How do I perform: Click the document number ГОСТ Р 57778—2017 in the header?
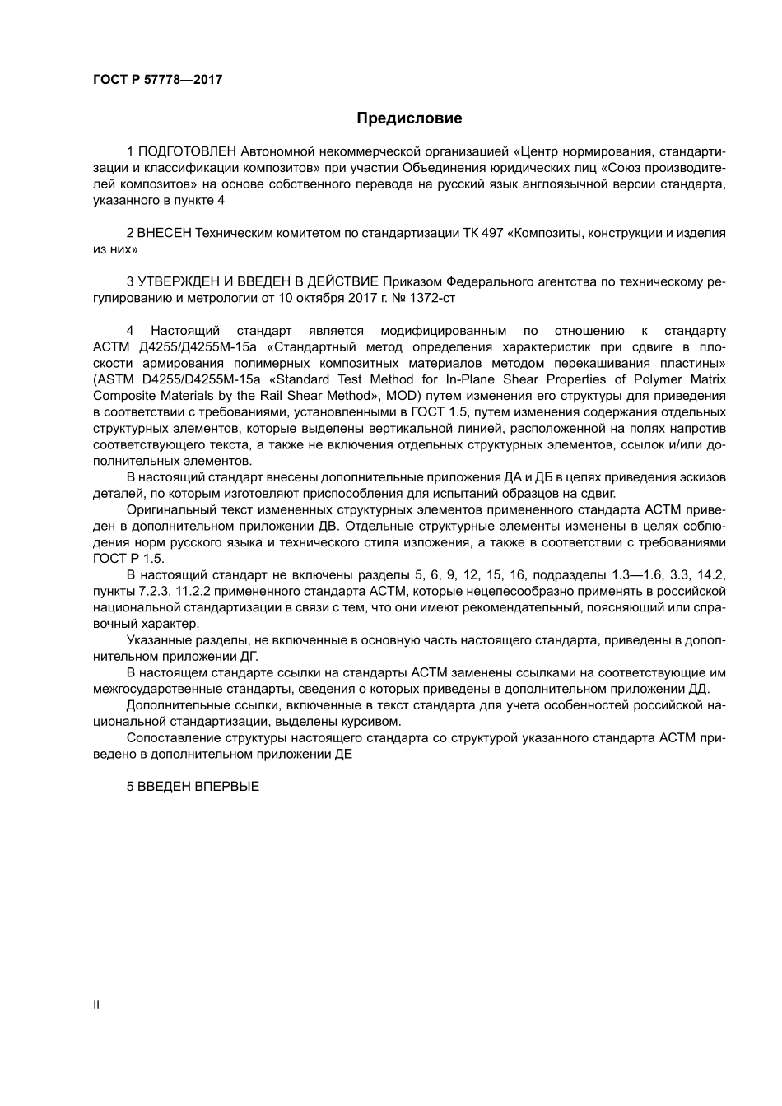(157, 80)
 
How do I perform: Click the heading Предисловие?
(409, 118)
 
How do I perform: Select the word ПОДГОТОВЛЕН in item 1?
(188, 151)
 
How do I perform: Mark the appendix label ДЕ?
(343, 754)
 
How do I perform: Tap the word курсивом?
(375, 721)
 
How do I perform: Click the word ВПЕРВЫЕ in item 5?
(226, 787)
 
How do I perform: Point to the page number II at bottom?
(96, 1005)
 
